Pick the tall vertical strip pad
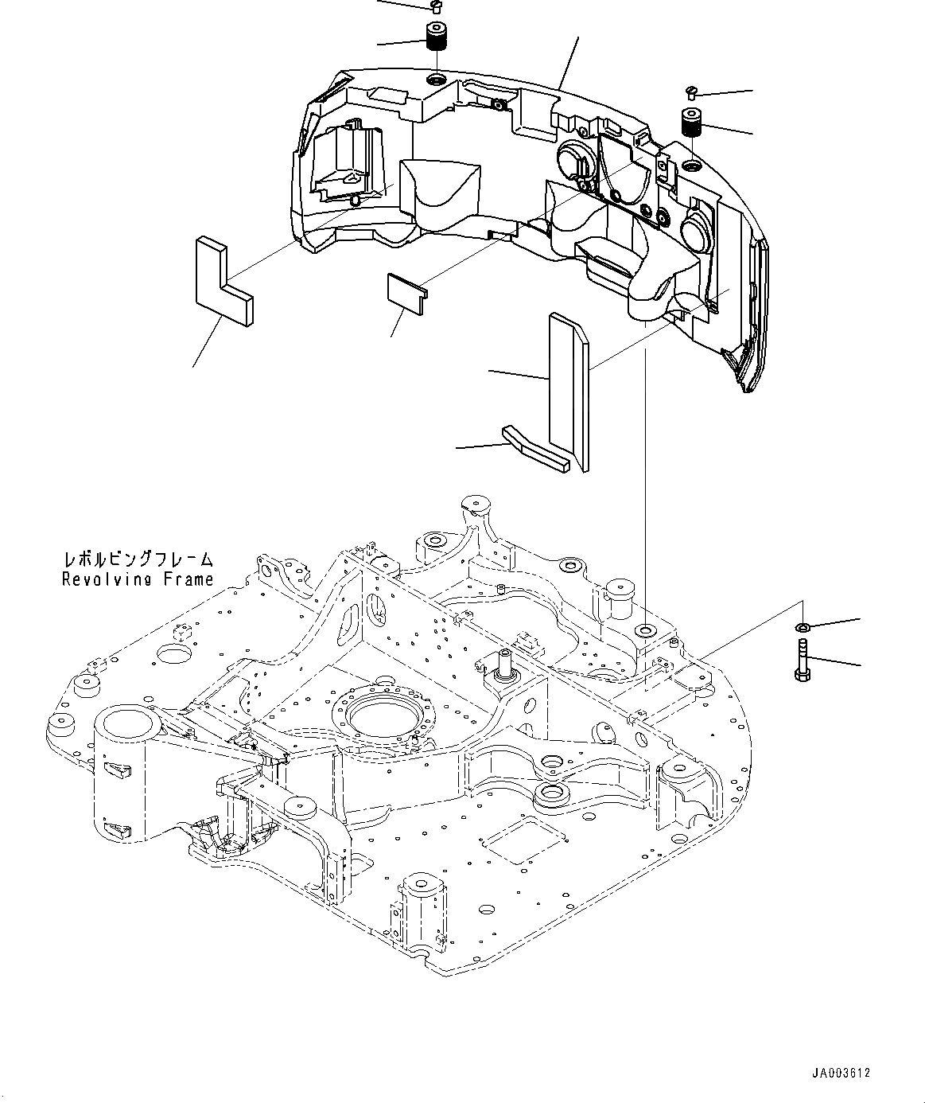[568, 390]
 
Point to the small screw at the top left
[434, 7]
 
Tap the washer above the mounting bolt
[803, 629]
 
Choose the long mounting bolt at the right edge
[803, 661]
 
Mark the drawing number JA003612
[841, 1073]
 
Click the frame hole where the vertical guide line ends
[645, 631]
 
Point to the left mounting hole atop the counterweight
[436, 80]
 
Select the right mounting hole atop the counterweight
[691, 166]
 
